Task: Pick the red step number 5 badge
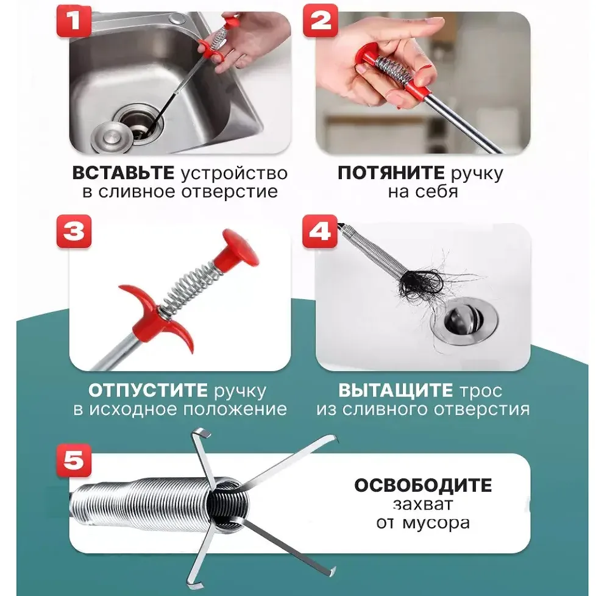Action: tap(74, 458)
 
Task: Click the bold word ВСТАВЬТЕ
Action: tap(124, 173)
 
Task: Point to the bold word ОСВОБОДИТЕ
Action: tap(423, 486)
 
